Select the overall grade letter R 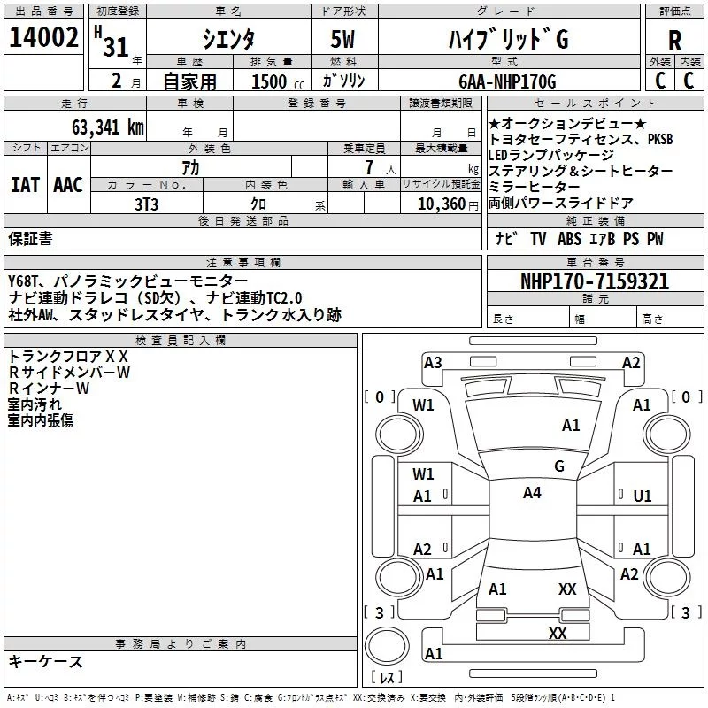pos(674,41)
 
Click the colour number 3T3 pos(146,204)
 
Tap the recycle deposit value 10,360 pos(442,204)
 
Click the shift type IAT pos(25,185)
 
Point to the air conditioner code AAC pos(68,185)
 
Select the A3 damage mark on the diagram pos(433,362)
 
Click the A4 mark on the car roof pos(531,493)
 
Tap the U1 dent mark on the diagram pos(643,496)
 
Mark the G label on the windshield pos(558,466)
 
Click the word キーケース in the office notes pos(46,661)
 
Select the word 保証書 pos(30,239)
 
